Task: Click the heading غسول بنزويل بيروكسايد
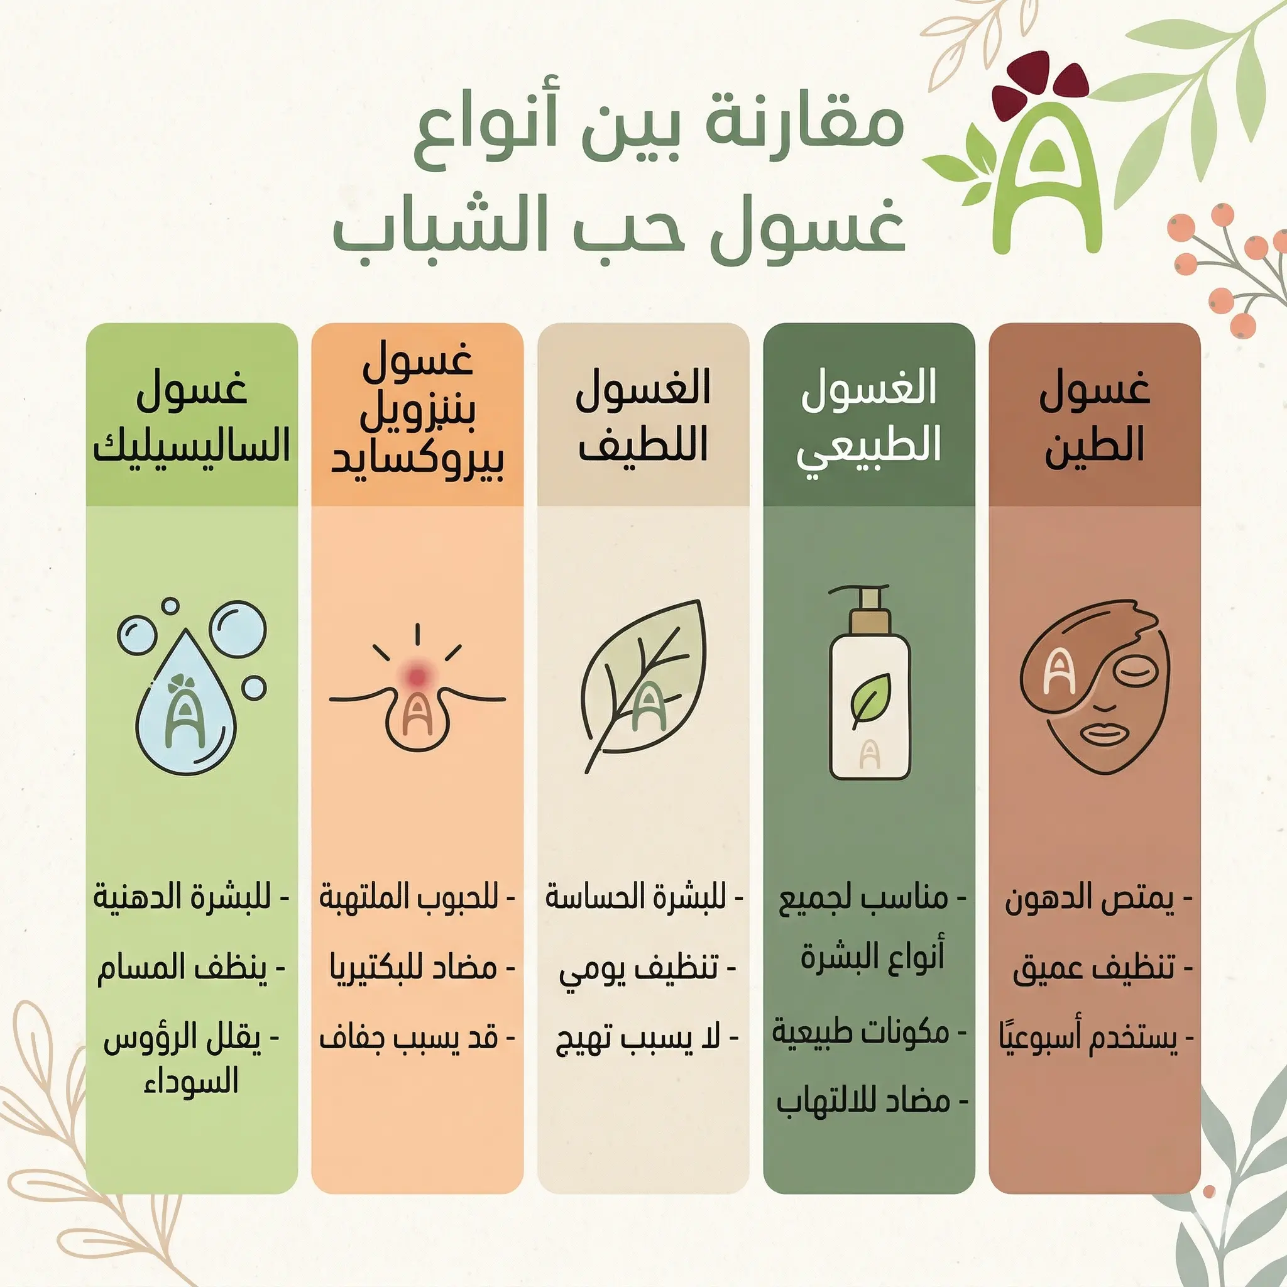pos(418,417)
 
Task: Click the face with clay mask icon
pos(1094,686)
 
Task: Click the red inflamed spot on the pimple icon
pos(418,675)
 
